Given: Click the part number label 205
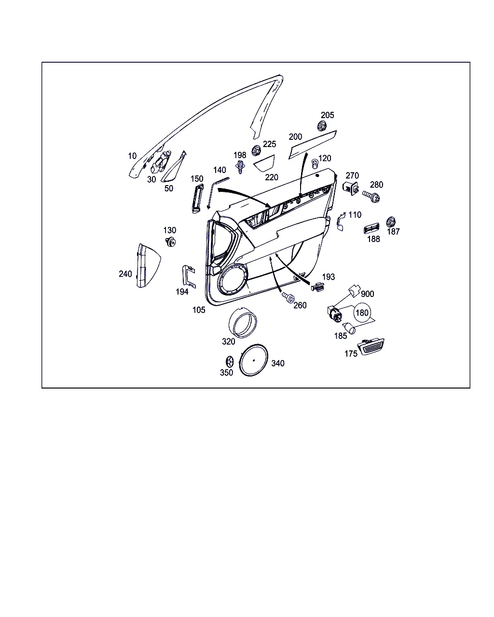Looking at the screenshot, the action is point(327,115).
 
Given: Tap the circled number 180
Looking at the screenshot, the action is point(362,312).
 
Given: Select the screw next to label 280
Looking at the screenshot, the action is point(371,196).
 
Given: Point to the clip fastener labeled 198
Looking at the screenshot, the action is point(240,167).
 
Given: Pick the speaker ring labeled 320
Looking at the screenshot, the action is point(243,322).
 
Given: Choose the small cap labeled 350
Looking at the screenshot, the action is point(230,362).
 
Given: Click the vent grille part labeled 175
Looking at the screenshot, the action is point(370,347).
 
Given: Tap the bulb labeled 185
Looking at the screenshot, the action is point(349,328).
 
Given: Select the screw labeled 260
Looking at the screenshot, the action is point(288,297).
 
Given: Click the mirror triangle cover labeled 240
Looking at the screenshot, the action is point(148,266).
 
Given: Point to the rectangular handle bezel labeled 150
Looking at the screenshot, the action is point(197,198).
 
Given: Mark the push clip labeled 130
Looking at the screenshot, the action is point(171,241).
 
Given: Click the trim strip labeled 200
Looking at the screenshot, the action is point(312,145).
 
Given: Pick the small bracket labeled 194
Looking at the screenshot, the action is point(189,276).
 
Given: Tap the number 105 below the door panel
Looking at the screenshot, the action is point(199,310).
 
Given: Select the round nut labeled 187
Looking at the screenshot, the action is point(391,222).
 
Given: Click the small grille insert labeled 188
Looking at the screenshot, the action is point(371,228).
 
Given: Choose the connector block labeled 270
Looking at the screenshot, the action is point(350,188).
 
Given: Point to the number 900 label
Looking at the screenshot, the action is point(368,294).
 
